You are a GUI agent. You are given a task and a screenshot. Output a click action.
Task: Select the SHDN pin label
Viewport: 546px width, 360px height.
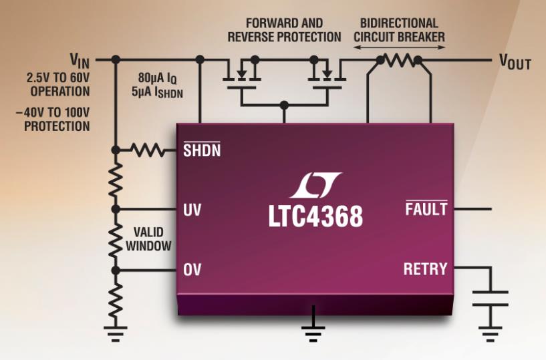click(x=201, y=150)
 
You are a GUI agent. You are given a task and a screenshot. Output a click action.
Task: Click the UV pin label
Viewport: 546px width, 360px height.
click(x=192, y=210)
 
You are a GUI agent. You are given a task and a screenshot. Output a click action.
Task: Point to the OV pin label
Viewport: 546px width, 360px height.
click(x=192, y=270)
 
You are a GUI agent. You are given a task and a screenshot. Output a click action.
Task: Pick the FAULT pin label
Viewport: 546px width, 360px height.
click(x=426, y=209)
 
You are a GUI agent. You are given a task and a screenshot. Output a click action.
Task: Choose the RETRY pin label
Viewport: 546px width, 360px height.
click(x=425, y=269)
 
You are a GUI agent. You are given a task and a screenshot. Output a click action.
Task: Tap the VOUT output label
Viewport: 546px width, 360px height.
click(x=515, y=61)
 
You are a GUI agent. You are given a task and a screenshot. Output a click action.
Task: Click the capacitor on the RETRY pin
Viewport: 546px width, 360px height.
click(x=490, y=297)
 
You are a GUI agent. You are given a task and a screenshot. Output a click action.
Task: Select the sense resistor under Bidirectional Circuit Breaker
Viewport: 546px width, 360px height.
click(x=399, y=60)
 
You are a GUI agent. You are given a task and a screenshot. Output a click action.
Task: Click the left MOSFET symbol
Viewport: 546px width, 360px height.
click(x=241, y=72)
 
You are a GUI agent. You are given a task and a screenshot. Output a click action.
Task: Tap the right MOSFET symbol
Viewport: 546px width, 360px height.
click(x=326, y=72)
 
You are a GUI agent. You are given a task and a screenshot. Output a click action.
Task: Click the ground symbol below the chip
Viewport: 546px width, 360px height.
click(x=313, y=329)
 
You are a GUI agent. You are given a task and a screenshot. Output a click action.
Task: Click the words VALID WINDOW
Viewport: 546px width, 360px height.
click(x=152, y=238)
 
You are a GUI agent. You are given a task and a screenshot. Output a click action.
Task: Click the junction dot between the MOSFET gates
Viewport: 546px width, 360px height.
click(x=284, y=105)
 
